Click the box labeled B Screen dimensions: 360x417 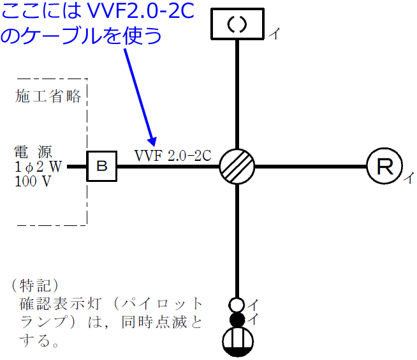pyautogui.click(x=101, y=167)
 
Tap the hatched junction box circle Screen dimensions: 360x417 pyautogui.click(x=237, y=167)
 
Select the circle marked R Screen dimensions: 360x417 pyautogui.click(x=384, y=167)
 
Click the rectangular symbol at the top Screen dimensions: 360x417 pyautogui.click(x=237, y=24)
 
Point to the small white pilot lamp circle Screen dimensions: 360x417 pyautogui.click(x=237, y=304)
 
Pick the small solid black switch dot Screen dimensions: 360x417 pyautogui.click(x=237, y=319)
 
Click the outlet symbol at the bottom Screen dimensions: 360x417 pyautogui.click(x=237, y=341)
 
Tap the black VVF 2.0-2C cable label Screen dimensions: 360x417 pyautogui.click(x=173, y=155)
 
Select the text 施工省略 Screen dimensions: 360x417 pyautogui.click(x=49, y=96)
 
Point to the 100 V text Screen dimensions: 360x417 pyautogui.click(x=32, y=181)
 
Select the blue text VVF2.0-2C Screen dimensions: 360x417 pyautogui.click(x=134, y=11)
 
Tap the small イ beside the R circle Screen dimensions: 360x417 pyautogui.click(x=408, y=178)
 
